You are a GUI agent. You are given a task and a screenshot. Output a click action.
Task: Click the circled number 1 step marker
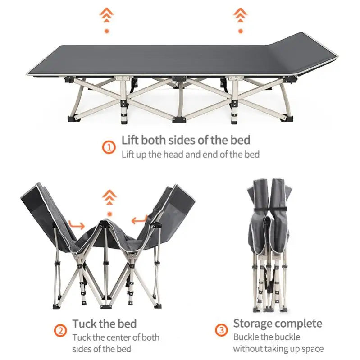click(x=108, y=147)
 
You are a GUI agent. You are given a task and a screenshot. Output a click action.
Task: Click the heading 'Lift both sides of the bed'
click(x=186, y=140)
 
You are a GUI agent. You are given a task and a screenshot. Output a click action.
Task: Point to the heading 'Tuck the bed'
click(x=104, y=324)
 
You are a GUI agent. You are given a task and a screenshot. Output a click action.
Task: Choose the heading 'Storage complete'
click(x=278, y=324)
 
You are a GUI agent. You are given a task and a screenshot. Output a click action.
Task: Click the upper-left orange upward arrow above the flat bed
click(x=107, y=17)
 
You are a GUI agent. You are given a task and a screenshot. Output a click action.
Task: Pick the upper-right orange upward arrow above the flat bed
click(x=240, y=17)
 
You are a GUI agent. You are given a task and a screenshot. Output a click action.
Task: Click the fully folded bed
click(x=269, y=243)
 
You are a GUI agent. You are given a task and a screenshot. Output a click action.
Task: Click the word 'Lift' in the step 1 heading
click(x=131, y=140)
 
